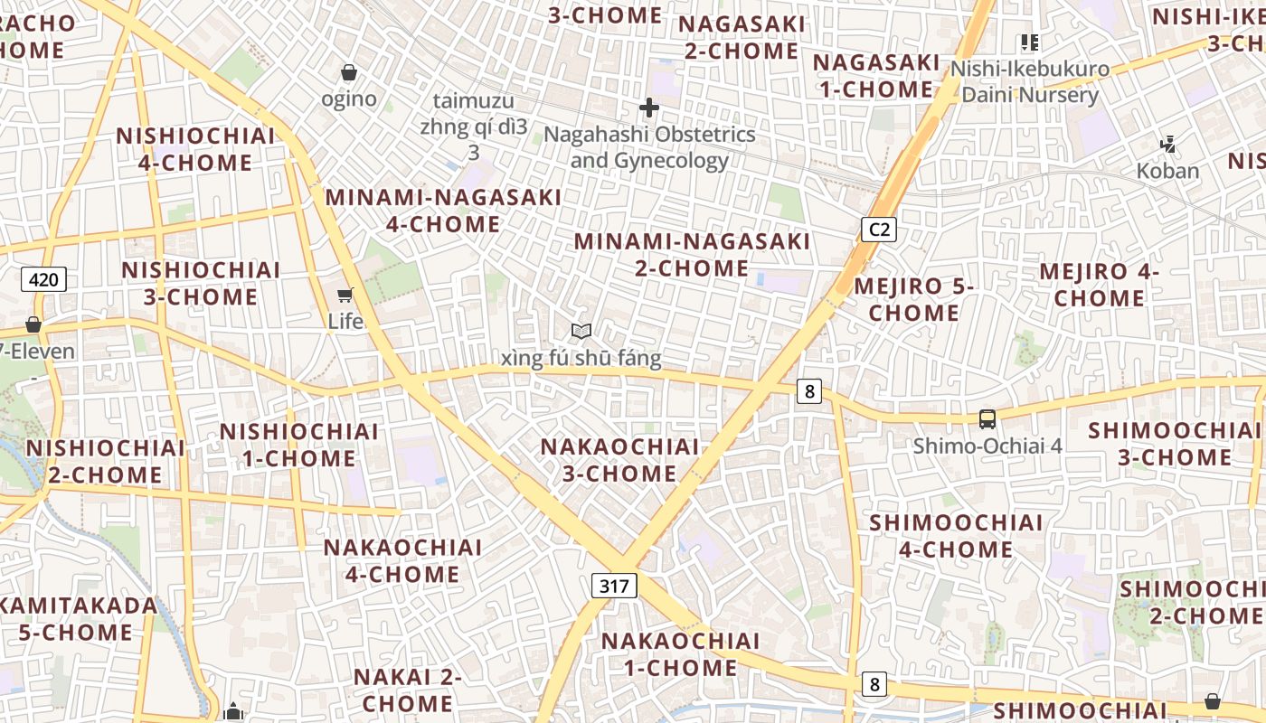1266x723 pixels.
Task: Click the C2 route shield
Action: [x=878, y=230]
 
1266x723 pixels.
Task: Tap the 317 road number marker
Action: [x=614, y=586]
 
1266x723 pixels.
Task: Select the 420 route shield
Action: [x=43, y=279]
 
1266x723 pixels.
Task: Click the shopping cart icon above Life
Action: [x=345, y=295]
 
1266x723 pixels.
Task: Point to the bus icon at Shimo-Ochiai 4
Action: [x=987, y=419]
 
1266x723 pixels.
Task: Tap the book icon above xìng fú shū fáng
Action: [x=581, y=333]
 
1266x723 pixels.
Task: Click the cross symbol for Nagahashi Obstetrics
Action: [x=648, y=108]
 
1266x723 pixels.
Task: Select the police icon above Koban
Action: [x=1167, y=144]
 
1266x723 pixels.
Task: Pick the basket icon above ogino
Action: [x=349, y=72]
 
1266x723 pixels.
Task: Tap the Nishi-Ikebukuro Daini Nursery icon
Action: [x=1029, y=42]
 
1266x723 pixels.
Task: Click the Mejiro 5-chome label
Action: [x=913, y=300]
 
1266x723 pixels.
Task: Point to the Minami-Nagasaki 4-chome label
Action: [x=443, y=211]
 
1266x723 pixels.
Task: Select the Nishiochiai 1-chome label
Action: [x=298, y=445]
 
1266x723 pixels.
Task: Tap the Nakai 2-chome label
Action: [x=407, y=690]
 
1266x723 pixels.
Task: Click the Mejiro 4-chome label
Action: [x=1099, y=285]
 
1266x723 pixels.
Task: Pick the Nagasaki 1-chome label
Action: [x=875, y=76]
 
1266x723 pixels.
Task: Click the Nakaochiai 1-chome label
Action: [x=680, y=654]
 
